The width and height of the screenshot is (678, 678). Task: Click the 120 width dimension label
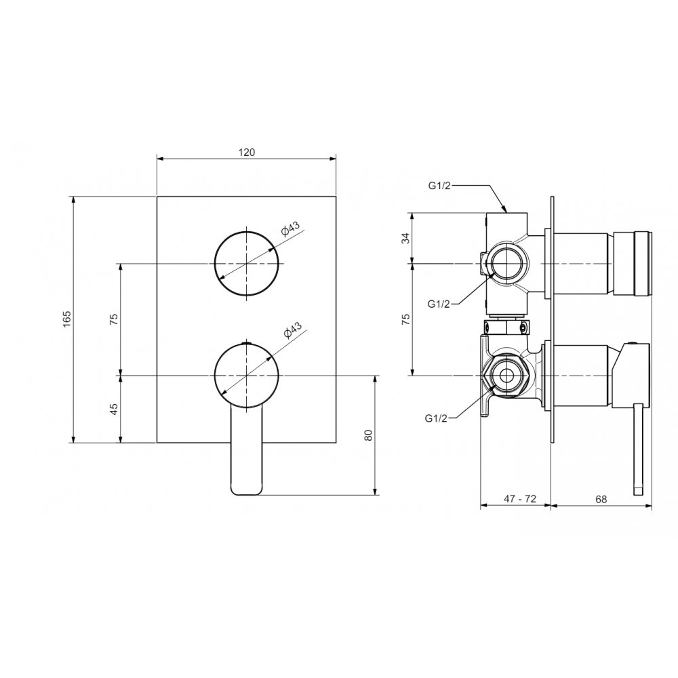point(247,152)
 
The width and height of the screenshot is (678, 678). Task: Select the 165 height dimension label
point(66,319)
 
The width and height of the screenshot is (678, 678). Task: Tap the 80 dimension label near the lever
point(368,435)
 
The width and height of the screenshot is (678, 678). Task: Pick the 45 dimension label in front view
point(114,409)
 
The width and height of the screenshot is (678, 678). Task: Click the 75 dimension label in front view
point(114,319)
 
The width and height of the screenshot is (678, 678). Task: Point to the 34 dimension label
point(405,238)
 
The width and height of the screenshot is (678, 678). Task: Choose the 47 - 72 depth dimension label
point(520,499)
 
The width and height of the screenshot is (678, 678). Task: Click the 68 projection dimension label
point(601,500)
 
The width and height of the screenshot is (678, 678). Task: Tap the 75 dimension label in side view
point(405,319)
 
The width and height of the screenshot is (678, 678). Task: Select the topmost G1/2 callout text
point(439,186)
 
